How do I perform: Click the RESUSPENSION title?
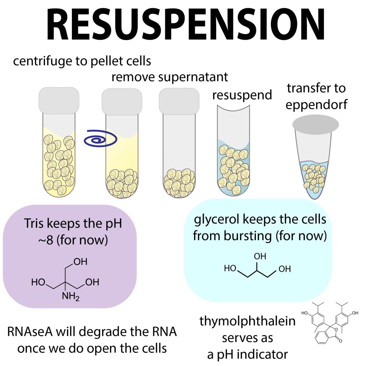(183, 27)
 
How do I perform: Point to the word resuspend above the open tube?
(242, 95)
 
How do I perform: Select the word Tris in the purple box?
(36, 224)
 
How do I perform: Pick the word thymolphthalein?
(247, 321)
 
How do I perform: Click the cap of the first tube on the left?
(59, 102)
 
